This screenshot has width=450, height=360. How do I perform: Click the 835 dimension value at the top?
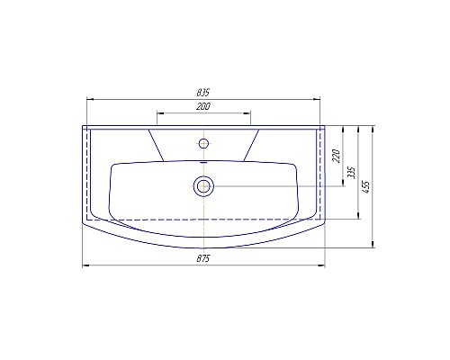(x=203, y=92)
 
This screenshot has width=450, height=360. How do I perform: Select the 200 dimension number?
(x=202, y=107)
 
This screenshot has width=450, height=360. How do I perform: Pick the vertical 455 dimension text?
(x=367, y=185)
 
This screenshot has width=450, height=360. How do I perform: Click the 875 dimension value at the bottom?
(x=203, y=259)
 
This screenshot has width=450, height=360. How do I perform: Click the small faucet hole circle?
(x=203, y=143)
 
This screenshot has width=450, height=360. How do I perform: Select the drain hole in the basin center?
(x=203, y=186)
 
